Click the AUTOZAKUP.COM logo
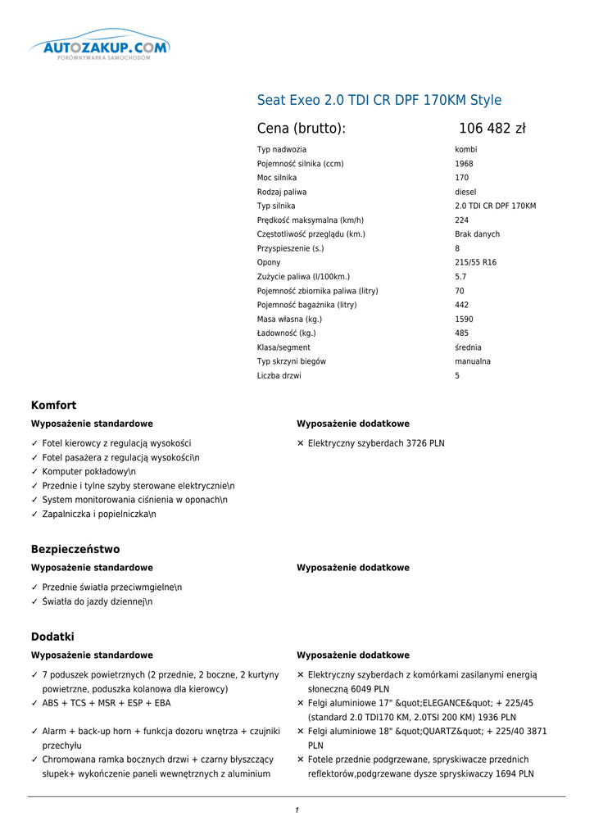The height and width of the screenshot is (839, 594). (x=100, y=48)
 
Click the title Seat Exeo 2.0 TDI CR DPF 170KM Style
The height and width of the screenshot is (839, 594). (x=379, y=100)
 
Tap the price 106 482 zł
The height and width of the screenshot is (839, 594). (x=492, y=129)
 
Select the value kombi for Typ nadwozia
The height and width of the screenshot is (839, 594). (x=466, y=150)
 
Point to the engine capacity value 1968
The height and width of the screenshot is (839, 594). (x=464, y=164)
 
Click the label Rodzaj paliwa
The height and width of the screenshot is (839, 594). (x=282, y=192)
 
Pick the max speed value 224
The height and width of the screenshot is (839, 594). (x=462, y=220)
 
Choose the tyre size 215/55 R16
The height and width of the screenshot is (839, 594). (x=475, y=262)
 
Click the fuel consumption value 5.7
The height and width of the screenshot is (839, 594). (x=460, y=277)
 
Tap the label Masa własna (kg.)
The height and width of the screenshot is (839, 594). (x=289, y=320)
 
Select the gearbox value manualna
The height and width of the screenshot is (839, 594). (x=473, y=361)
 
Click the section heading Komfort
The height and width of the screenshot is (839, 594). (x=54, y=406)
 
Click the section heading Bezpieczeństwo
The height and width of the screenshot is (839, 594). (x=75, y=550)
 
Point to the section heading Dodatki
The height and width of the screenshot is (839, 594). (x=52, y=637)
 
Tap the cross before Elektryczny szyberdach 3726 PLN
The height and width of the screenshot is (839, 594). (x=301, y=443)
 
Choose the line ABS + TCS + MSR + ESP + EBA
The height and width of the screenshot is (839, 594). (x=107, y=703)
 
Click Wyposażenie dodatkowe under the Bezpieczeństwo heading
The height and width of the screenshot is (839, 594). (x=353, y=568)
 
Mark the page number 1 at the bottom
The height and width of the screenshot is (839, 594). (x=297, y=810)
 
